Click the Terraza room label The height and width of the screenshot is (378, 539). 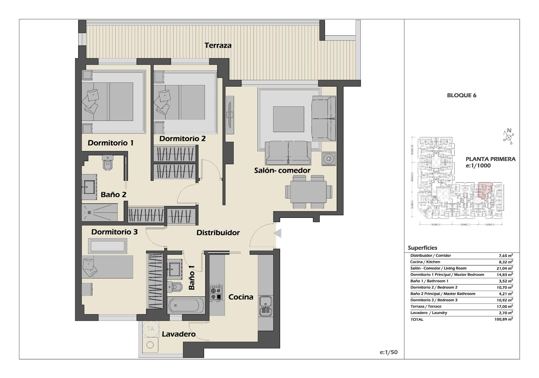point(218,45)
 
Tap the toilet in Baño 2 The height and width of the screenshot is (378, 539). point(108,163)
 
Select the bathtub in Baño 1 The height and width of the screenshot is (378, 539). point(186,305)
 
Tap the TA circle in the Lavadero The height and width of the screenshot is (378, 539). point(150,329)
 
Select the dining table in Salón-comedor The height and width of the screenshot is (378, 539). point(308,192)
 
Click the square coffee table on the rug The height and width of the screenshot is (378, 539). point(288,119)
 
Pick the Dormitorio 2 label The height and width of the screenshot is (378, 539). point(182,139)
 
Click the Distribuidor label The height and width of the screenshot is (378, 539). point(218,232)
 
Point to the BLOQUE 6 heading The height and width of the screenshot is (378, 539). point(462,95)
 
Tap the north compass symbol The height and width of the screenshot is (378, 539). point(508,137)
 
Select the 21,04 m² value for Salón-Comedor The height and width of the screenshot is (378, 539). point(504,268)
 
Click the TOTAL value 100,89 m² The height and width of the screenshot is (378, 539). point(503,319)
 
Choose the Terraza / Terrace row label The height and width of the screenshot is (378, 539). point(426,306)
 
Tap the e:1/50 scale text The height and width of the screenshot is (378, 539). point(389,352)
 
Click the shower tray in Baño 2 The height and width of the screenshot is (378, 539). point(100,213)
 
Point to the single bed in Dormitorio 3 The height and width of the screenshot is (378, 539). point(107,267)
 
